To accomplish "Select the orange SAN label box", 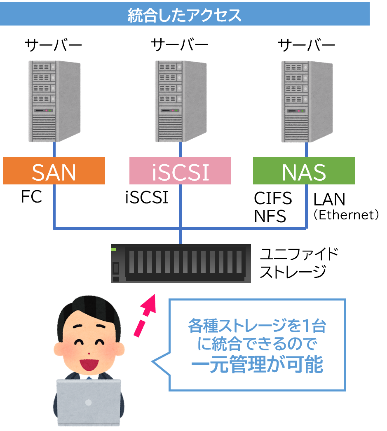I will point(54,171).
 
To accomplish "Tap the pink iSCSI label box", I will point(180,171).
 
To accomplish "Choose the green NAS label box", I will point(304,171).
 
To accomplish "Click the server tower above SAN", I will point(54,101).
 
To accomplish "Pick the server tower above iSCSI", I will point(181,101).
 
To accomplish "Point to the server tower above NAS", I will point(307,101).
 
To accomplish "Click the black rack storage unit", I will point(181,263).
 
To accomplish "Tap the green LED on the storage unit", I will point(114,249).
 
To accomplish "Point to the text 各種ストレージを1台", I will point(257,326).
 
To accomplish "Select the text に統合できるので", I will point(257,345).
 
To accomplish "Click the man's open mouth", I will point(88,364).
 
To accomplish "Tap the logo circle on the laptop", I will point(88,403).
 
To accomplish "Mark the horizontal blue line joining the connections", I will point(124,227).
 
